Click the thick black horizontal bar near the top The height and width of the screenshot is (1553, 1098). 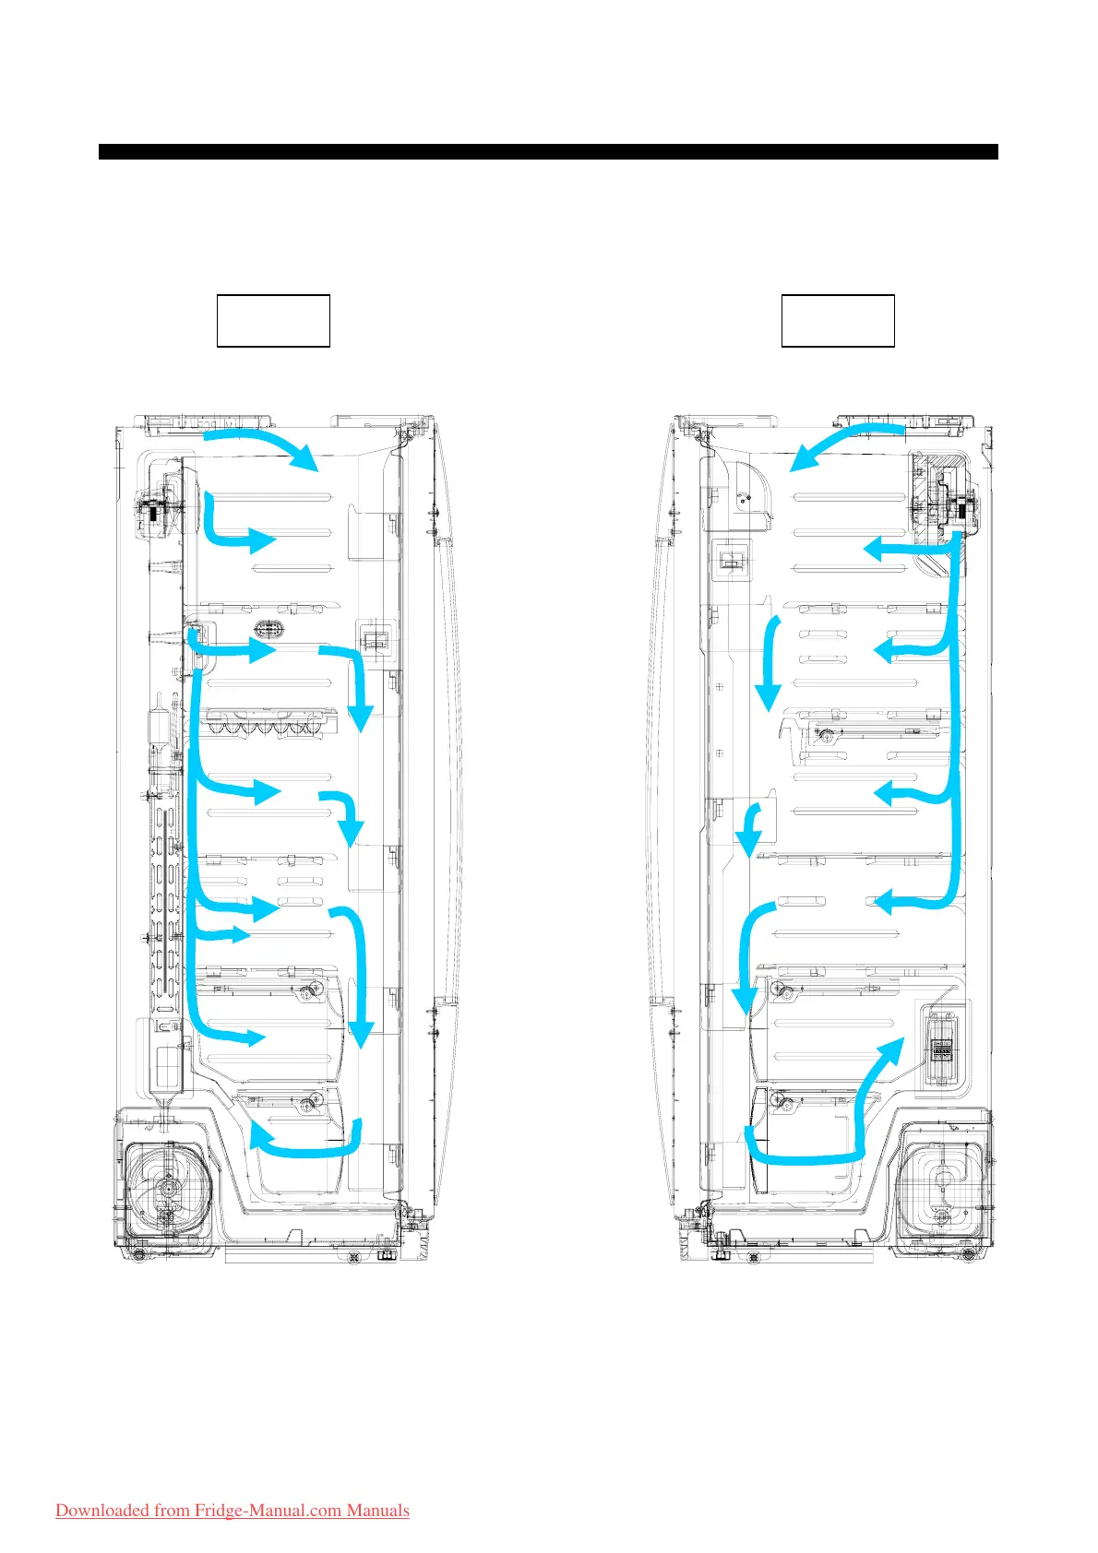pyautogui.click(x=548, y=152)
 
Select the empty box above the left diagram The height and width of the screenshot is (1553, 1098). pyautogui.click(x=273, y=321)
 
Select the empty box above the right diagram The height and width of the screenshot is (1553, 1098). pyautogui.click(x=838, y=321)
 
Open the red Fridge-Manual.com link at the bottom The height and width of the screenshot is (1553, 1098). pyautogui.click(x=233, y=1510)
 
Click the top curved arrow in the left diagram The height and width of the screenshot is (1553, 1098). pyautogui.click(x=263, y=442)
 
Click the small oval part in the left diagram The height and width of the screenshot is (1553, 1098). pyautogui.click(x=269, y=630)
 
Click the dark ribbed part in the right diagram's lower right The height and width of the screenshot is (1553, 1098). pyautogui.click(x=940, y=1048)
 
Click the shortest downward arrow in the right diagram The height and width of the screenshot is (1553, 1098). pyautogui.click(x=749, y=830)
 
